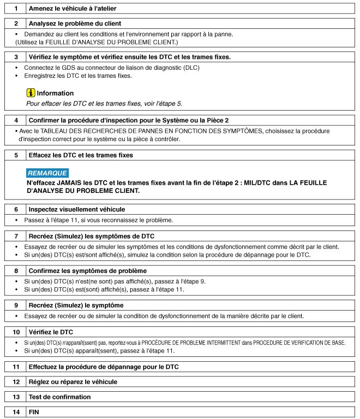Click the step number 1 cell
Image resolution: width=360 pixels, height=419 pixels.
pos(16,9)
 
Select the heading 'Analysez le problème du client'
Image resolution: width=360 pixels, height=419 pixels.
pos(75,23)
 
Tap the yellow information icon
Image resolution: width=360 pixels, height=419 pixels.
pos(31,93)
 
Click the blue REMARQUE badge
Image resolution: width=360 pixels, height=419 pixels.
pos(47,173)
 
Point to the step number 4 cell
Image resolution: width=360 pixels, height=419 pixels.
pos(16,120)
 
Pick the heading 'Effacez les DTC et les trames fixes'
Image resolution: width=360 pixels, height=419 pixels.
pos(81,155)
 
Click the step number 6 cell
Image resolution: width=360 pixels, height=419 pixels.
pos(16,209)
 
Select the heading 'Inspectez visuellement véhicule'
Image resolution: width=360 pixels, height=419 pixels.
pos(76,209)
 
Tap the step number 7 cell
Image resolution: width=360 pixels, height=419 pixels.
pos(16,236)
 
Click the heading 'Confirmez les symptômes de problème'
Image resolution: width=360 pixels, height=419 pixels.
pos(87,271)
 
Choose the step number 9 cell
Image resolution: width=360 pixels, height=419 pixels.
pos(16,305)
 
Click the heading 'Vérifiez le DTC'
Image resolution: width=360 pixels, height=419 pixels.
pos(51,332)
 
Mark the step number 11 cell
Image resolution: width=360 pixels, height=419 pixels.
pos(16,367)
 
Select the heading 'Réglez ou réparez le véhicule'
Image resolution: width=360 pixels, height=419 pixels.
pos(73,382)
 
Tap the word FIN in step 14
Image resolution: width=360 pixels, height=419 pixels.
pos(34,412)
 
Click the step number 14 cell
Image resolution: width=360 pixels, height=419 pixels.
pos(16,412)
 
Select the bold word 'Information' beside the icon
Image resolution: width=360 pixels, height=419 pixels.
pos(55,93)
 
